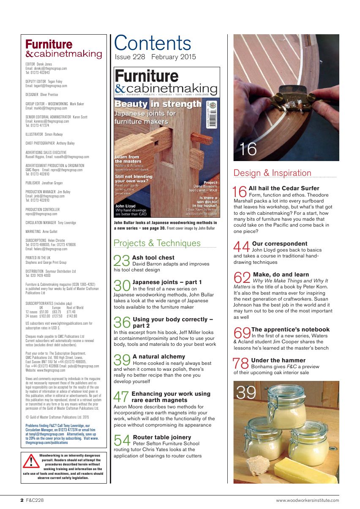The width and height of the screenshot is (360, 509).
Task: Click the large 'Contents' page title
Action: click(153, 43)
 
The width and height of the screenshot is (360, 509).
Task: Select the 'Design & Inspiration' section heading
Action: click(272, 173)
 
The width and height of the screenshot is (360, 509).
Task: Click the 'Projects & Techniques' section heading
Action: click(157, 243)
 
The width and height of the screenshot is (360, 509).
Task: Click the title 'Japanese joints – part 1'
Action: click(167, 282)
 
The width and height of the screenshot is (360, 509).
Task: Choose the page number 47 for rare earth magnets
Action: click(122, 397)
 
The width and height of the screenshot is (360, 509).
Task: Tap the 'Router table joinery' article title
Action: click(162, 437)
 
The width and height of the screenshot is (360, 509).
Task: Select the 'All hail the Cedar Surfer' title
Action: click(284, 188)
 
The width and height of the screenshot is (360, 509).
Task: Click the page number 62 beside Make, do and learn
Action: click(242, 278)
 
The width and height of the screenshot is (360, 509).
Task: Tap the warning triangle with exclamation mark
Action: click(31, 462)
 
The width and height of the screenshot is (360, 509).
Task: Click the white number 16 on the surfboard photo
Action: click(248, 149)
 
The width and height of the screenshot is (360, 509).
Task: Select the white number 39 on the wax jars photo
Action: click(246, 393)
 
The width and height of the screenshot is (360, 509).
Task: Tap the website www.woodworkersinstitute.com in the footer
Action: click(307, 500)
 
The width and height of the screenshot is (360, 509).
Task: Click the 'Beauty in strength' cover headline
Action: click(158, 104)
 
